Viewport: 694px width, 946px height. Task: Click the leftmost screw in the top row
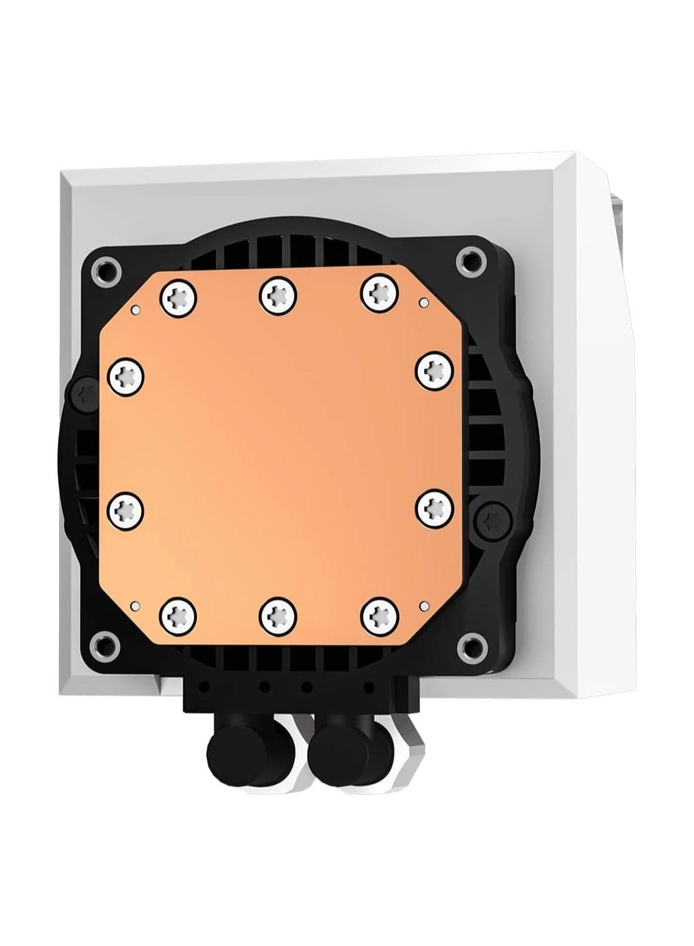179,294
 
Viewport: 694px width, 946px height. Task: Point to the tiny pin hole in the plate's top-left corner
136,310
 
